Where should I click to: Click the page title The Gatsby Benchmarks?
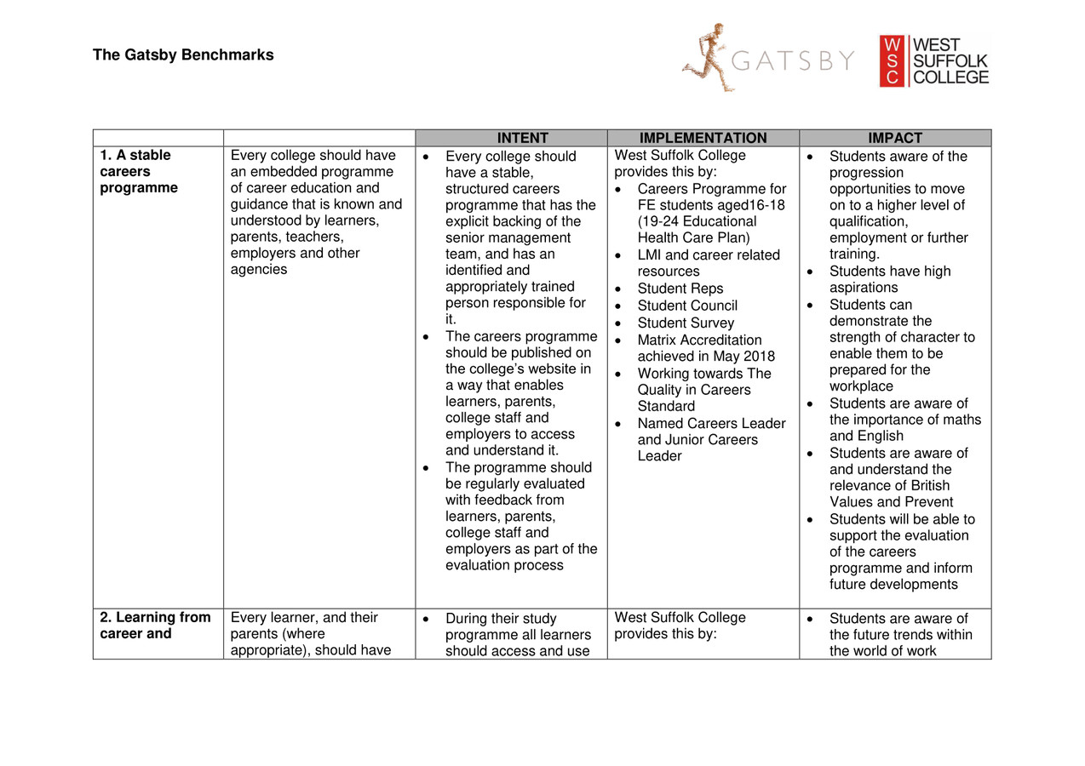coord(183,55)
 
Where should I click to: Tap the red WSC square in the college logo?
coord(892,61)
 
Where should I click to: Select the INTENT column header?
coord(511,138)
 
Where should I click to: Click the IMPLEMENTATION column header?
coord(703,138)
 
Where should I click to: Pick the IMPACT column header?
coord(895,138)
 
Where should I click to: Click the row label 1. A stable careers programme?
coord(138,172)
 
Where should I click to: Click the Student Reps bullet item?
coord(680,289)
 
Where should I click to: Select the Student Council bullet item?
coord(687,306)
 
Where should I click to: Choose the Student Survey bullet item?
coord(685,323)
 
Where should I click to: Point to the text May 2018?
coord(746,357)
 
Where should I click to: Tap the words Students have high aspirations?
coord(889,279)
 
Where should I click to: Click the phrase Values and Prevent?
coord(891,502)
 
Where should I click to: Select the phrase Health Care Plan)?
coord(693,238)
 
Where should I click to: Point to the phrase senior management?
coord(508,238)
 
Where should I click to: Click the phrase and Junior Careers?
coord(697,440)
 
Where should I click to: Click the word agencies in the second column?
coord(259,270)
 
